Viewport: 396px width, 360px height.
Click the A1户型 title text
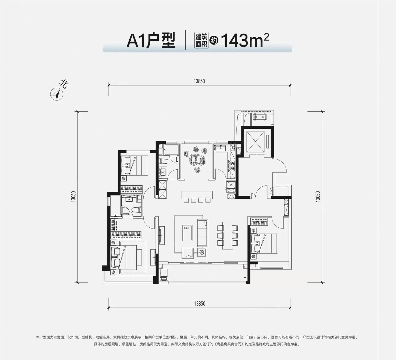click(151, 41)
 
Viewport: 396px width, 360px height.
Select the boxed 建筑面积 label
click(201, 40)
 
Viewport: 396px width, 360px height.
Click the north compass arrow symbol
click(57, 94)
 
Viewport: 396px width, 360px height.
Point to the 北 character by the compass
click(64, 85)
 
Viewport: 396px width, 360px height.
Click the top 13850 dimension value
click(199, 81)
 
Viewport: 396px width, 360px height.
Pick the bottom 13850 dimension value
click(199, 304)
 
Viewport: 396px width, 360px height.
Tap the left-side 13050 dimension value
click(74, 196)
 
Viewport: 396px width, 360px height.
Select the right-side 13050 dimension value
click(318, 196)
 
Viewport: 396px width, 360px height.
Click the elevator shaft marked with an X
click(255, 142)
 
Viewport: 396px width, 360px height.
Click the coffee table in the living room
click(187, 233)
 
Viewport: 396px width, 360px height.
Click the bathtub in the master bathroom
click(115, 206)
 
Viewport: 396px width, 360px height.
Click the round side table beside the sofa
click(202, 252)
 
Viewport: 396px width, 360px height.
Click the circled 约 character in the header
click(214, 40)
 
